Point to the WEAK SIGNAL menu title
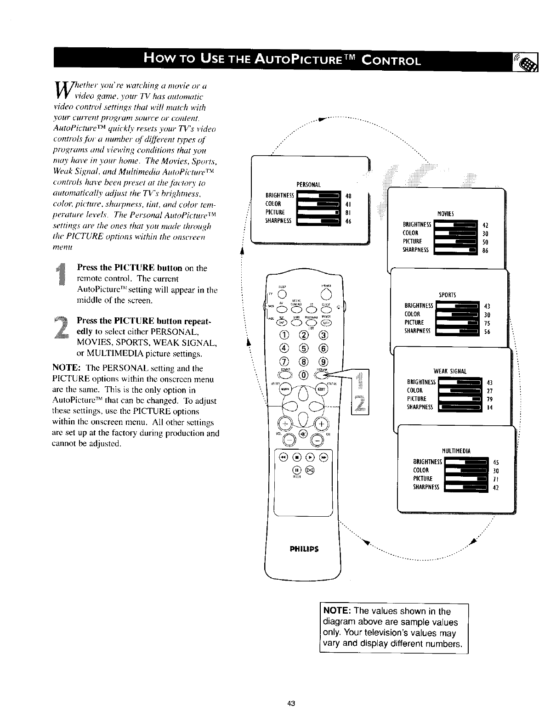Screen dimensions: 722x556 [450, 371]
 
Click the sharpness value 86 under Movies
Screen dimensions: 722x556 [486, 251]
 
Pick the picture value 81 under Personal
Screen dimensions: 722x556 [347, 213]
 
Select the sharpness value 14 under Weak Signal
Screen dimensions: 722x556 [489, 407]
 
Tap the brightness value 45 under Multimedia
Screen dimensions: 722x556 [495, 463]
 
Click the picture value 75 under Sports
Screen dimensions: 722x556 [488, 322]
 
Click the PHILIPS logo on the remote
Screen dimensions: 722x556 [304, 549]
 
